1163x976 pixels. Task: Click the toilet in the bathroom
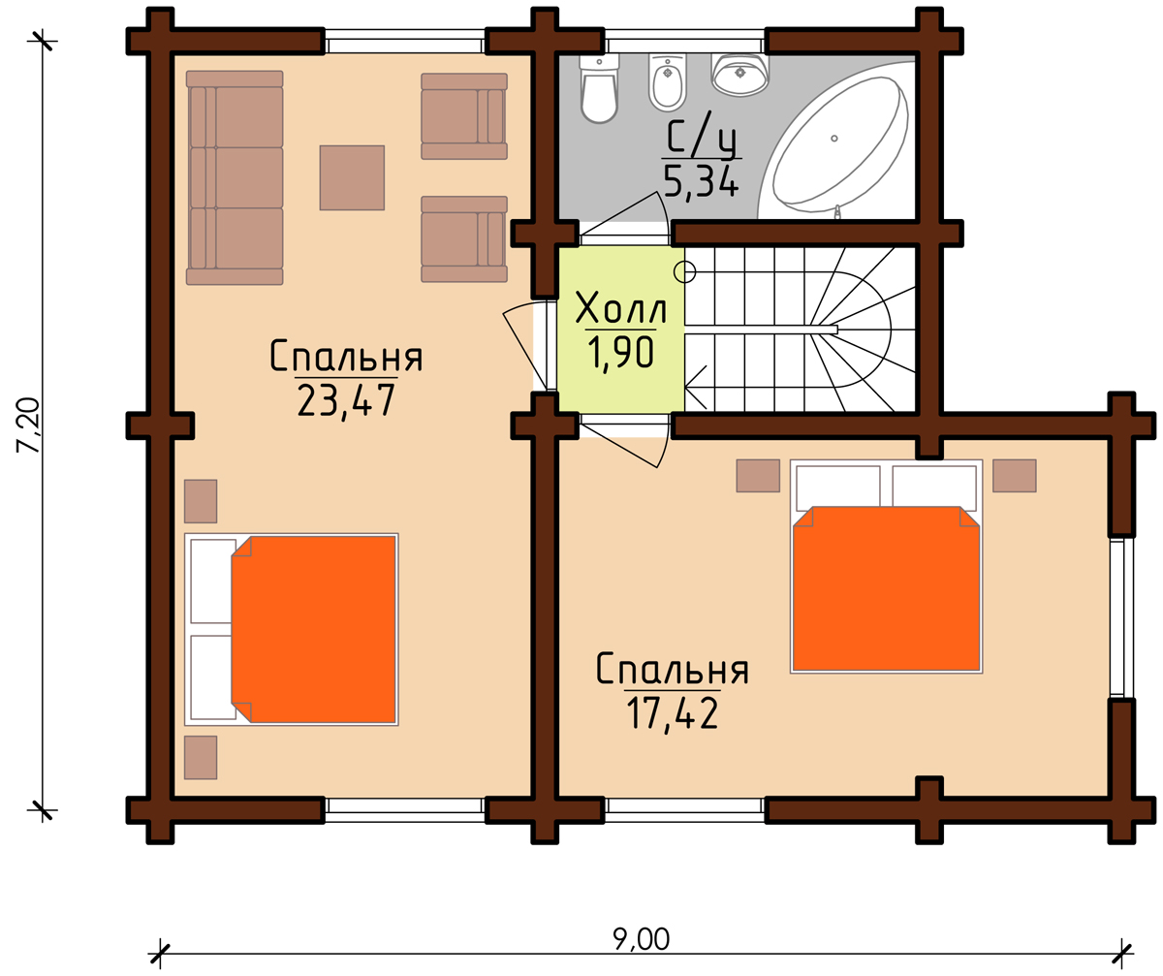[599, 88]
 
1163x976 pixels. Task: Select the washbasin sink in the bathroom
[739, 74]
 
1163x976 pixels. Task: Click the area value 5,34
[701, 180]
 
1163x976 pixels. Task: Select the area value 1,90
[620, 353]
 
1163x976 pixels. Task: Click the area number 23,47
[346, 400]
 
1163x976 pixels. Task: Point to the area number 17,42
[673, 713]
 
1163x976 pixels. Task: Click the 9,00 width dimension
[641, 939]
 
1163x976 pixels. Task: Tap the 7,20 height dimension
[28, 425]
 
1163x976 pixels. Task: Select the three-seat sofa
[235, 177]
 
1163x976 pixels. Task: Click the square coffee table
[352, 177]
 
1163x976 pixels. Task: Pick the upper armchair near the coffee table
[464, 116]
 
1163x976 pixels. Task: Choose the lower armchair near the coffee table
[464, 239]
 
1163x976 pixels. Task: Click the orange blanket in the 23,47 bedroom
[314, 629]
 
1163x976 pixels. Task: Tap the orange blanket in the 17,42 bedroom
[886, 588]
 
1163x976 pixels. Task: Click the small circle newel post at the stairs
[684, 271]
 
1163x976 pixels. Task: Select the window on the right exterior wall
[1121, 617]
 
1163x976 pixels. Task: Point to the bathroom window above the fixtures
[685, 42]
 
